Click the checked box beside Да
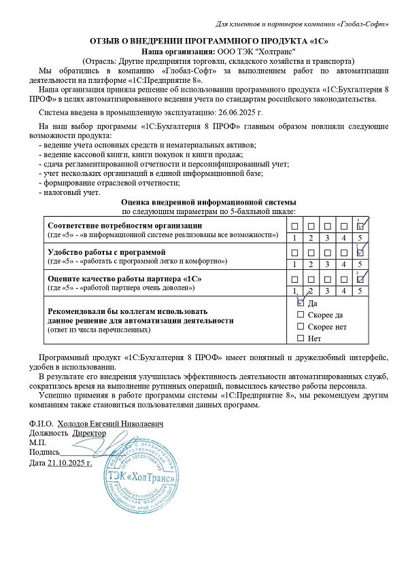pyautogui.click(x=301, y=304)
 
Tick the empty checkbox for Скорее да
pyautogui.click(x=301, y=315)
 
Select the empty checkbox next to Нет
pyautogui.click(x=301, y=338)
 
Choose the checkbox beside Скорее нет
pyautogui.click(x=301, y=327)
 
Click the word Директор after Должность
pyautogui.click(x=89, y=433)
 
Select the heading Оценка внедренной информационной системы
pyautogui.click(x=208, y=203)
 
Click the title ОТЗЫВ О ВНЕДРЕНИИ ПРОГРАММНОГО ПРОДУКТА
pyautogui.click(x=208, y=41)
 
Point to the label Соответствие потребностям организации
pyautogui.click(x=124, y=226)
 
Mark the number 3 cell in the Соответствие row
pyautogui.click(x=328, y=237)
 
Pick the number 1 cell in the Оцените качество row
pyautogui.click(x=294, y=291)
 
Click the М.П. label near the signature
pyautogui.click(x=39, y=442)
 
